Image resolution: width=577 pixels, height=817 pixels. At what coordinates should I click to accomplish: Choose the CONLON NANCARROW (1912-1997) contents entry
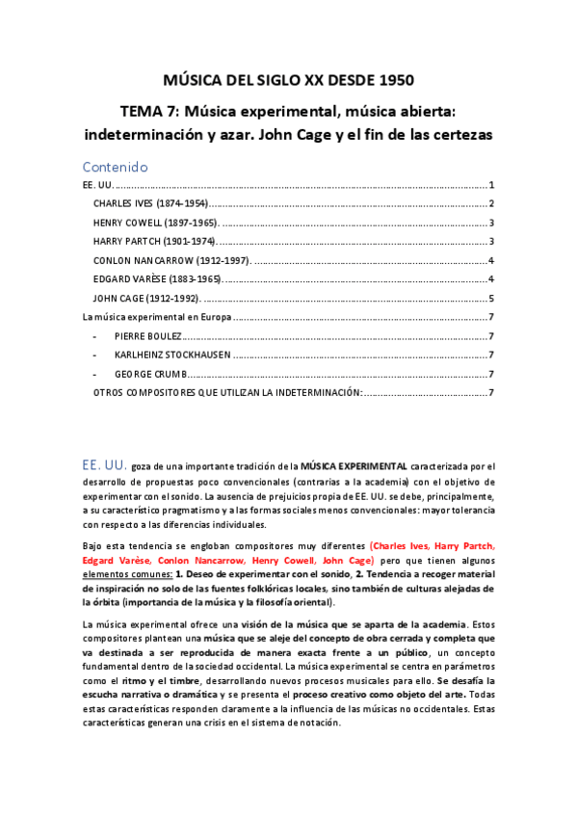pyautogui.click(x=171, y=260)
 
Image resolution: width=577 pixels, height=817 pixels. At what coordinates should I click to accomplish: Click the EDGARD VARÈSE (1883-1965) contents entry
pyautogui.click(x=157, y=279)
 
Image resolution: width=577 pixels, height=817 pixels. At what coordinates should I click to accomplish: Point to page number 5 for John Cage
pyautogui.click(x=491, y=299)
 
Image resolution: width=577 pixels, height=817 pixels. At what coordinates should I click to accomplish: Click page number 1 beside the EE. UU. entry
pyautogui.click(x=491, y=185)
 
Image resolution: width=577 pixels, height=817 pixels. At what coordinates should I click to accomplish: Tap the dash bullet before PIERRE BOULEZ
pyautogui.click(x=94, y=336)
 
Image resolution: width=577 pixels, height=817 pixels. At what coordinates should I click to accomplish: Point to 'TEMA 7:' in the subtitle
pyautogui.click(x=156, y=112)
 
